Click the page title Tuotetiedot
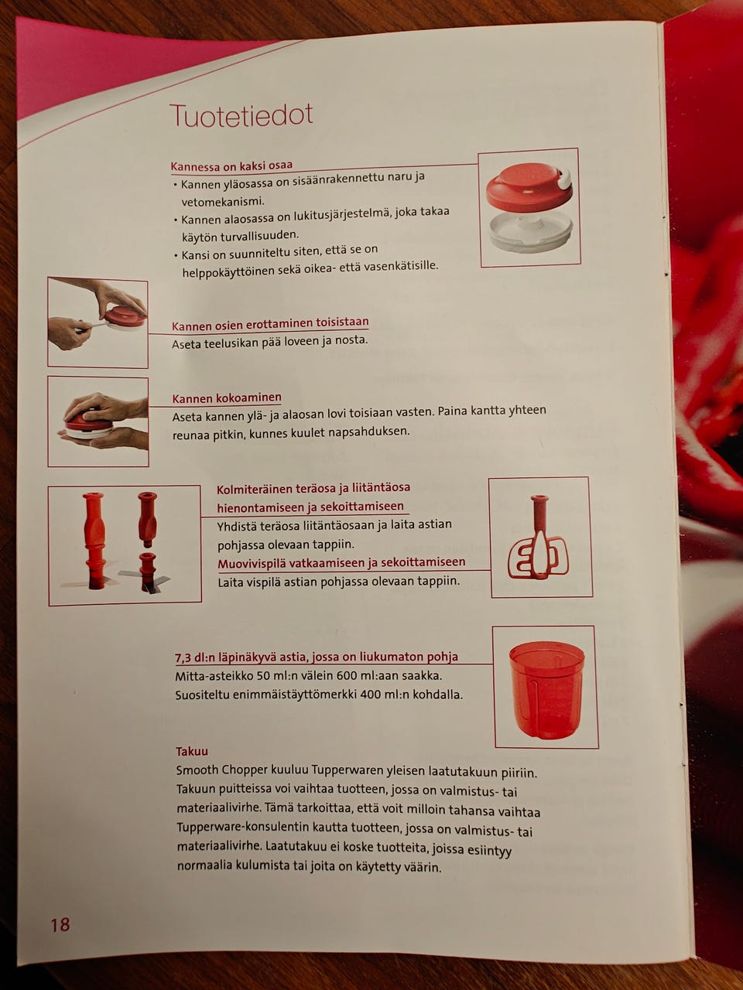241,115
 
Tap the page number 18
60,924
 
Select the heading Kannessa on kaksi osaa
231,166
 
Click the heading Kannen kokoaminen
227,398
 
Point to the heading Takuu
192,751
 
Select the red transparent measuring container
546,690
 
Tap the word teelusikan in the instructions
233,343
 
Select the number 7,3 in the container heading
183,658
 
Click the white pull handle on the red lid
564,178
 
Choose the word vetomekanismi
222,201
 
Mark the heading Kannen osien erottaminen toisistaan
270,324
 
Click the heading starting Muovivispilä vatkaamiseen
341,563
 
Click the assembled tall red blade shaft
95,540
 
